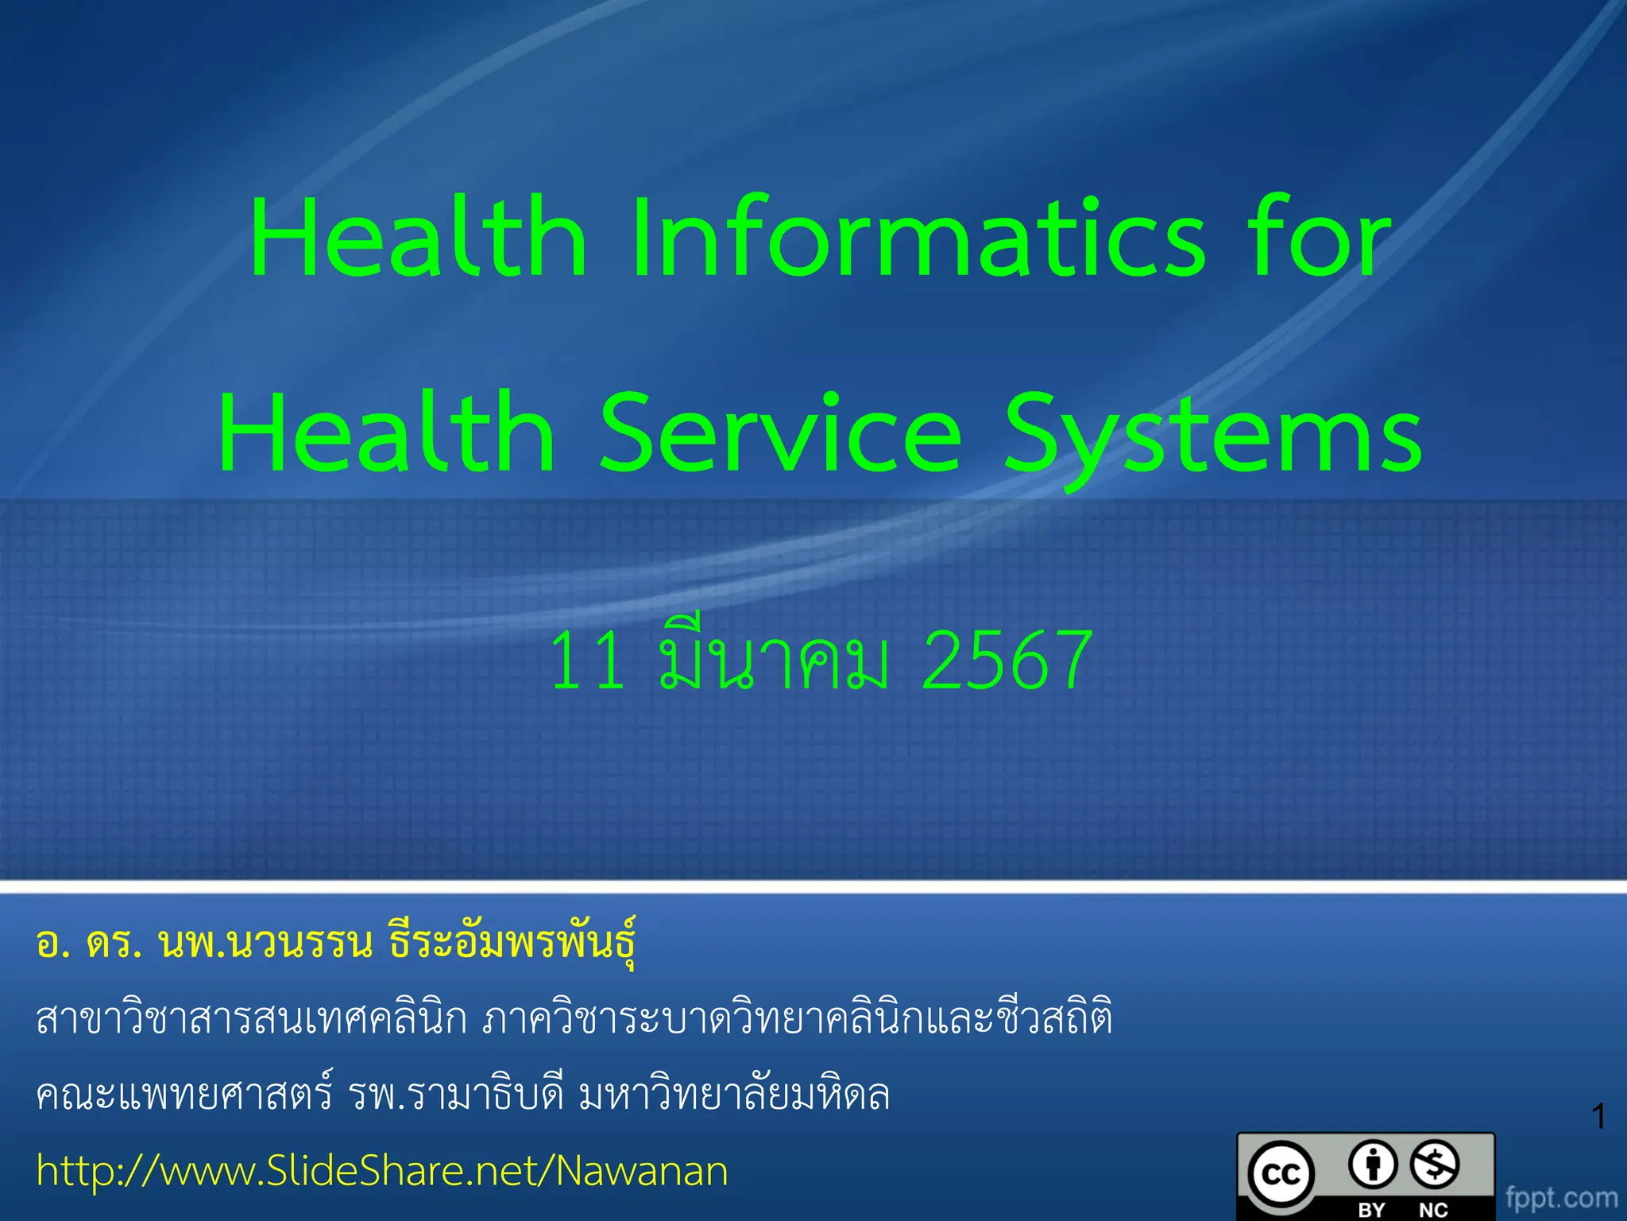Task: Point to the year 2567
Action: pyautogui.click(x=1007, y=660)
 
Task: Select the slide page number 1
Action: pyautogui.click(x=1599, y=1117)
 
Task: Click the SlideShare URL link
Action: pyautogui.click(x=382, y=1171)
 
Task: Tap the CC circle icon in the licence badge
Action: pyautogui.click(x=1281, y=1174)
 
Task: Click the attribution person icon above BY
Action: pyautogui.click(x=1373, y=1165)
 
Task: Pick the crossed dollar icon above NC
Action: pyautogui.click(x=1435, y=1165)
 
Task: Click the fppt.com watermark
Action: pyautogui.click(x=1561, y=1197)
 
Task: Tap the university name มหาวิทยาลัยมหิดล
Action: pyautogui.click(x=734, y=1095)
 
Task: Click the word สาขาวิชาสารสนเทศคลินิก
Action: pyautogui.click(x=252, y=1019)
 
